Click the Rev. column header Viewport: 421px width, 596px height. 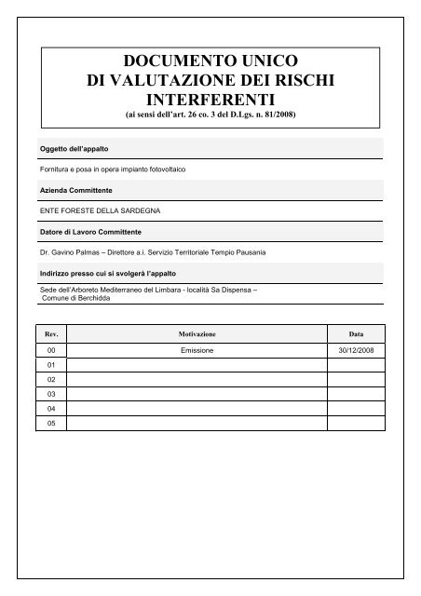[52, 332]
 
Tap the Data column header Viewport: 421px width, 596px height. [356, 332]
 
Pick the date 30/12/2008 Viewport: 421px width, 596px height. [356, 350]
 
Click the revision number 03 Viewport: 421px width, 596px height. [52, 394]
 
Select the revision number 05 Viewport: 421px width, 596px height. [52, 423]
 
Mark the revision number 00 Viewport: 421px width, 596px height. [52, 350]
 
